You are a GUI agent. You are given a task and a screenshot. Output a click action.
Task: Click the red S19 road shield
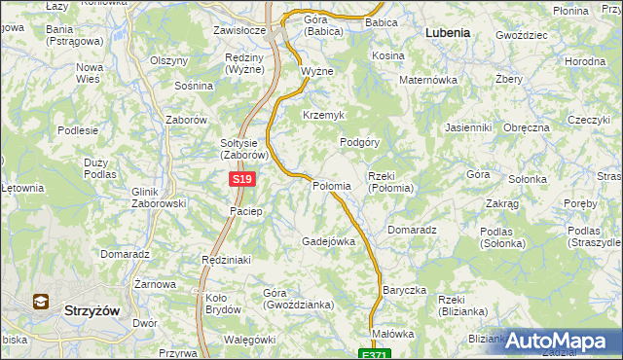pos(243,180)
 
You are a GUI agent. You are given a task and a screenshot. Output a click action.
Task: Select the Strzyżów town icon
pos(42,302)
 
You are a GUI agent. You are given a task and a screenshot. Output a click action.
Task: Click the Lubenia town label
pos(448,32)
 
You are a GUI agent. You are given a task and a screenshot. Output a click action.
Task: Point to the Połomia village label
pos(331,186)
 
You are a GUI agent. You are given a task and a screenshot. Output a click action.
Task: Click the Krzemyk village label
pos(324,115)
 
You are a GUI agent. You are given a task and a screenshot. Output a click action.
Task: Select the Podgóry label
pos(359,142)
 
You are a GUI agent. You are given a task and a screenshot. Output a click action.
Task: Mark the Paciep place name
pos(245,211)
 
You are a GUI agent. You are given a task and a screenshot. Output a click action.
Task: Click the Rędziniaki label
pos(226,261)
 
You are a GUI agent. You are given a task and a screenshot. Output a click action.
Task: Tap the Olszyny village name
pos(168,60)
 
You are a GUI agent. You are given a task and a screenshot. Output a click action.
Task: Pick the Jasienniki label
pos(467,128)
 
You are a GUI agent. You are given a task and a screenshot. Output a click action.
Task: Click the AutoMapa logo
pos(563,341)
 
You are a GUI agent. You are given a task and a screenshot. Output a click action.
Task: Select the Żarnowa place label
pos(155,284)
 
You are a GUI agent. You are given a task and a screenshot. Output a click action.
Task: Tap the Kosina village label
pos(387,56)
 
